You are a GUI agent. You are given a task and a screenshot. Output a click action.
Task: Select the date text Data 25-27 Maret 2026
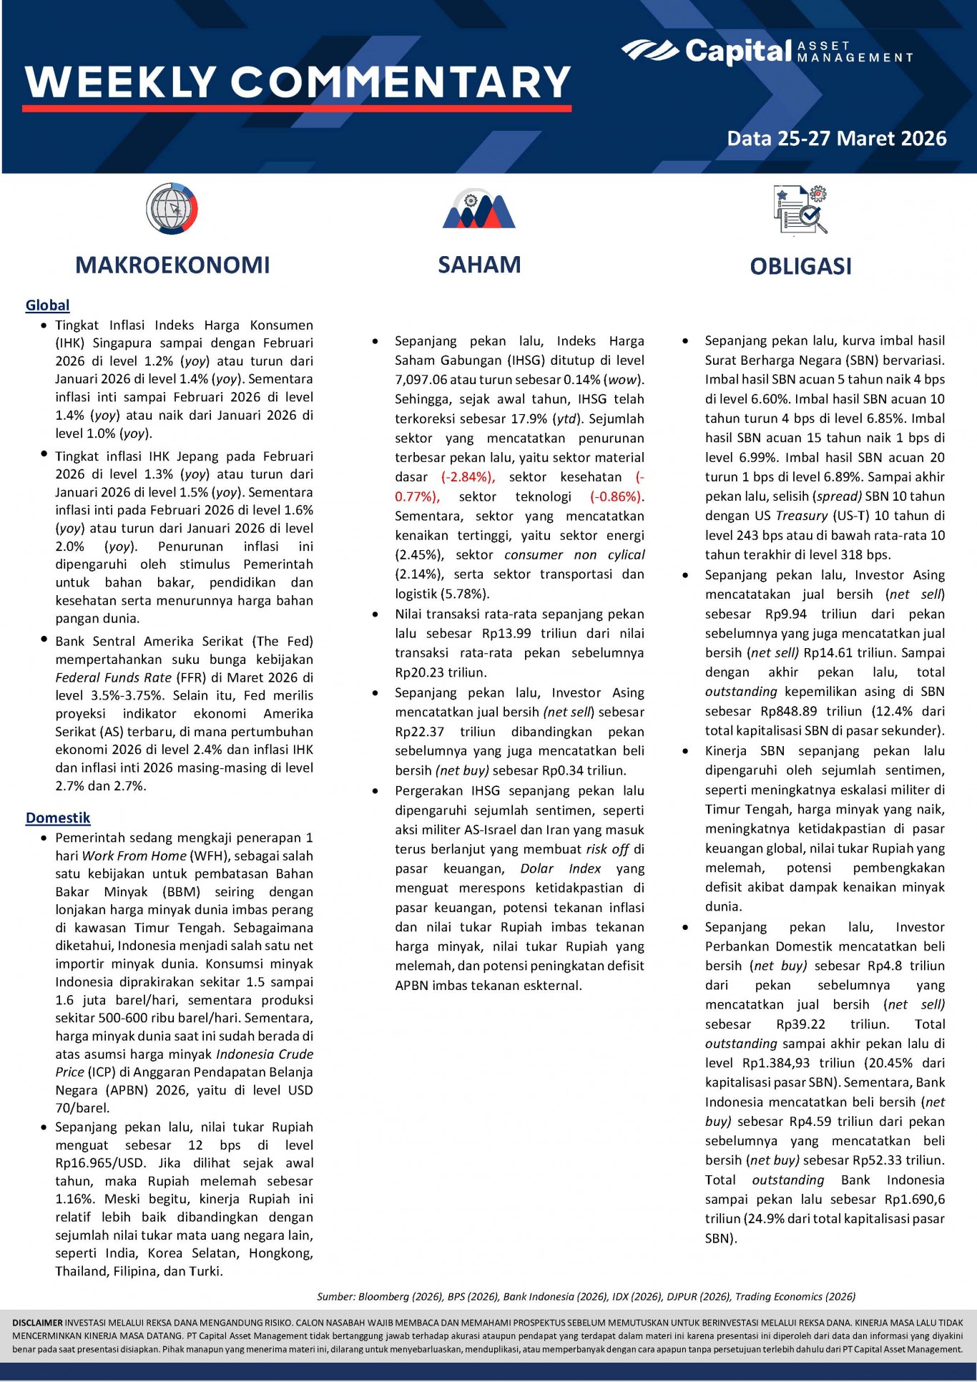click(x=836, y=139)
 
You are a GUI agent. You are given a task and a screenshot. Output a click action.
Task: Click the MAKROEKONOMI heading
click(x=172, y=265)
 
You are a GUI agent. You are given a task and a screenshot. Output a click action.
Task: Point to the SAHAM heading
click(x=479, y=265)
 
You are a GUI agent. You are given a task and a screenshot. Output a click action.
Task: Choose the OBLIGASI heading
click(x=800, y=267)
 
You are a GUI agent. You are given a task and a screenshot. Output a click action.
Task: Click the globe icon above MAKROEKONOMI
click(x=172, y=209)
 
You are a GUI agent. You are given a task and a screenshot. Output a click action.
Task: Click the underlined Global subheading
click(x=47, y=305)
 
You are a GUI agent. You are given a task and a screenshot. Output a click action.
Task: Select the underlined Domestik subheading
click(x=58, y=818)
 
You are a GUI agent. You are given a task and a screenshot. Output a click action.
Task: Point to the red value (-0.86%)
click(x=617, y=496)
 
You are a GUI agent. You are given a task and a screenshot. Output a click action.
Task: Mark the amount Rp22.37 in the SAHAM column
click(x=419, y=732)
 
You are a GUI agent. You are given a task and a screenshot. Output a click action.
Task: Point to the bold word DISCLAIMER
click(x=38, y=1323)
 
